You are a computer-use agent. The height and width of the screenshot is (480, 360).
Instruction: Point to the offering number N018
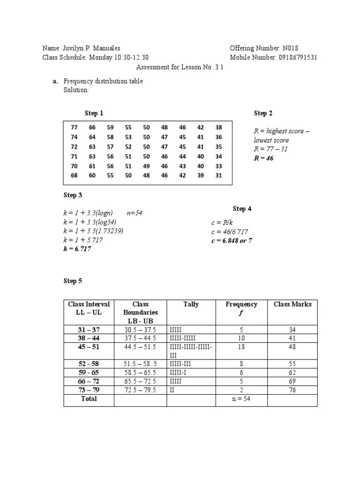click(290, 49)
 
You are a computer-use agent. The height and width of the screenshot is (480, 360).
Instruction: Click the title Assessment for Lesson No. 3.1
click(180, 67)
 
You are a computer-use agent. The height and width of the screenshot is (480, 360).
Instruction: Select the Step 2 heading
click(263, 113)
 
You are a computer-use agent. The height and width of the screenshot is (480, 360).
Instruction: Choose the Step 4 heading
click(242, 209)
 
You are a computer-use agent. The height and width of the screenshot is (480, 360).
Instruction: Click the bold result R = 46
click(263, 158)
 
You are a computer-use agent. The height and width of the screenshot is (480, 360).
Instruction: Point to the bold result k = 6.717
click(77, 249)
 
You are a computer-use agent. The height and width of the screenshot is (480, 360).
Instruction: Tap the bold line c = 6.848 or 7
click(232, 240)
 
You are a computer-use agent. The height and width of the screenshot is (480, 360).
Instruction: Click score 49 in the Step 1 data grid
click(147, 166)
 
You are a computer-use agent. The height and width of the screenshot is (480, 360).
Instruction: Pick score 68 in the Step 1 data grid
click(74, 175)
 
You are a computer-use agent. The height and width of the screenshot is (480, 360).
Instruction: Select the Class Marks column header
click(292, 304)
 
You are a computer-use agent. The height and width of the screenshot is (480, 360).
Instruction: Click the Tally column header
click(191, 304)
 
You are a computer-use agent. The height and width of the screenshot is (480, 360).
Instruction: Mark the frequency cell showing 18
click(241, 347)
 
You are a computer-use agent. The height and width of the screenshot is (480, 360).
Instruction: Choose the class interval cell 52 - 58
click(89, 364)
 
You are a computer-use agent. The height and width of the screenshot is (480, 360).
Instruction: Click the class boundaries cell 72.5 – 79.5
click(140, 390)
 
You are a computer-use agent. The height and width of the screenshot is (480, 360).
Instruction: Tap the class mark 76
click(292, 390)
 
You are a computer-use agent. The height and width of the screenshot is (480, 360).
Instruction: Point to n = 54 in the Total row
click(241, 399)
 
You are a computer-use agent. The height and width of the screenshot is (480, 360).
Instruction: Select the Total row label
click(89, 398)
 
